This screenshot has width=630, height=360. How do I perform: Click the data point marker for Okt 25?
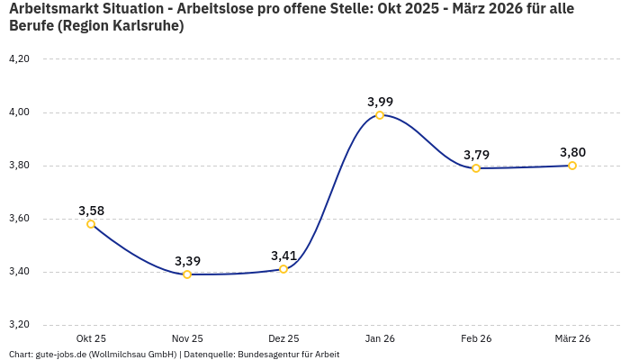[x=91, y=224]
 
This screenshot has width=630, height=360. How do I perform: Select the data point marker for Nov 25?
[x=187, y=274]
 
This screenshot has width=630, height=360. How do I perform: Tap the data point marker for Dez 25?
[x=283, y=269]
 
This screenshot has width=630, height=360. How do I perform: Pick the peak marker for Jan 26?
[x=380, y=115]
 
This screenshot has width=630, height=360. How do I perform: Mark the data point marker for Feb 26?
[x=476, y=168]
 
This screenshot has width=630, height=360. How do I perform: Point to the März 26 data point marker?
[x=572, y=166]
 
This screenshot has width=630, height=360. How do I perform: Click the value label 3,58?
[x=91, y=211]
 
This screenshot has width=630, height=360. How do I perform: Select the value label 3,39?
[x=187, y=261]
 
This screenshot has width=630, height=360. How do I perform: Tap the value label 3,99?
[x=380, y=102]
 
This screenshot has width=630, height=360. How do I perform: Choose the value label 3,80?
[x=572, y=152]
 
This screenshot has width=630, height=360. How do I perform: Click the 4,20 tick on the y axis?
[x=19, y=58]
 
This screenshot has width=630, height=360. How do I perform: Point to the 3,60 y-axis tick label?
[x=19, y=219]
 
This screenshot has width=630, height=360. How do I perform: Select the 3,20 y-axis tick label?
[x=19, y=325]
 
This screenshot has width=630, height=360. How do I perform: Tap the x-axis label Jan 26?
[x=380, y=338]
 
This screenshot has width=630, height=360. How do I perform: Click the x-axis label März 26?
[x=572, y=338]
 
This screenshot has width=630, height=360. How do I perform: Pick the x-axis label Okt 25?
[x=91, y=338]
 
